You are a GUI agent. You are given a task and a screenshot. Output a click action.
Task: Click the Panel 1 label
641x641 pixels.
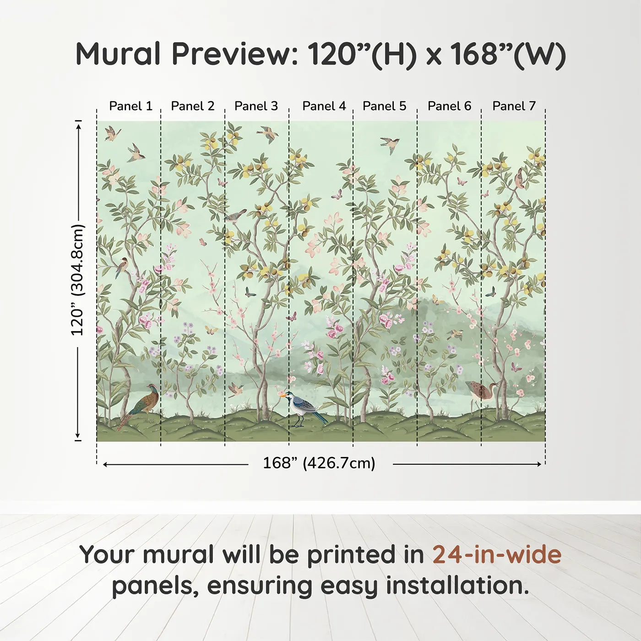point(130,106)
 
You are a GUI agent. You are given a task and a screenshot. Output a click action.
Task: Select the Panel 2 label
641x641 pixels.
point(192,106)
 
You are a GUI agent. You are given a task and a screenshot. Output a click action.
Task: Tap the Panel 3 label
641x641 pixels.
point(256,106)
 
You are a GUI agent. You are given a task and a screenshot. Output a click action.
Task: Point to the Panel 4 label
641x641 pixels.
point(324,106)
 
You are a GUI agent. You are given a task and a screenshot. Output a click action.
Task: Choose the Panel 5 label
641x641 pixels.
point(384,106)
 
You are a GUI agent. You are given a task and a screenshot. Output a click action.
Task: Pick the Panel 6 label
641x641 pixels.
point(449,106)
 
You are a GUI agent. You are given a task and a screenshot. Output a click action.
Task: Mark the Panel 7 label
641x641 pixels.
point(514,106)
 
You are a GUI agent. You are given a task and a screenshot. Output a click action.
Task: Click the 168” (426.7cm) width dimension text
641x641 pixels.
point(319,463)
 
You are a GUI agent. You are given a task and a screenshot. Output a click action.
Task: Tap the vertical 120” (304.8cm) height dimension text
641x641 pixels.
point(78,280)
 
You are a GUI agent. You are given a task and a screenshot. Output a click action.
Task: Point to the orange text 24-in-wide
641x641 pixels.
point(497,554)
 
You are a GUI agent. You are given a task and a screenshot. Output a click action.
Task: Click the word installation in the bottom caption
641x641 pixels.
point(453,586)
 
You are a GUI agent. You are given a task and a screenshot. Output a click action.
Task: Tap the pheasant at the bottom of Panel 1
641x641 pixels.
point(142,403)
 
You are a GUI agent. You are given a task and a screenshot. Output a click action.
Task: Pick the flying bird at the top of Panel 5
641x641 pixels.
point(390,144)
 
